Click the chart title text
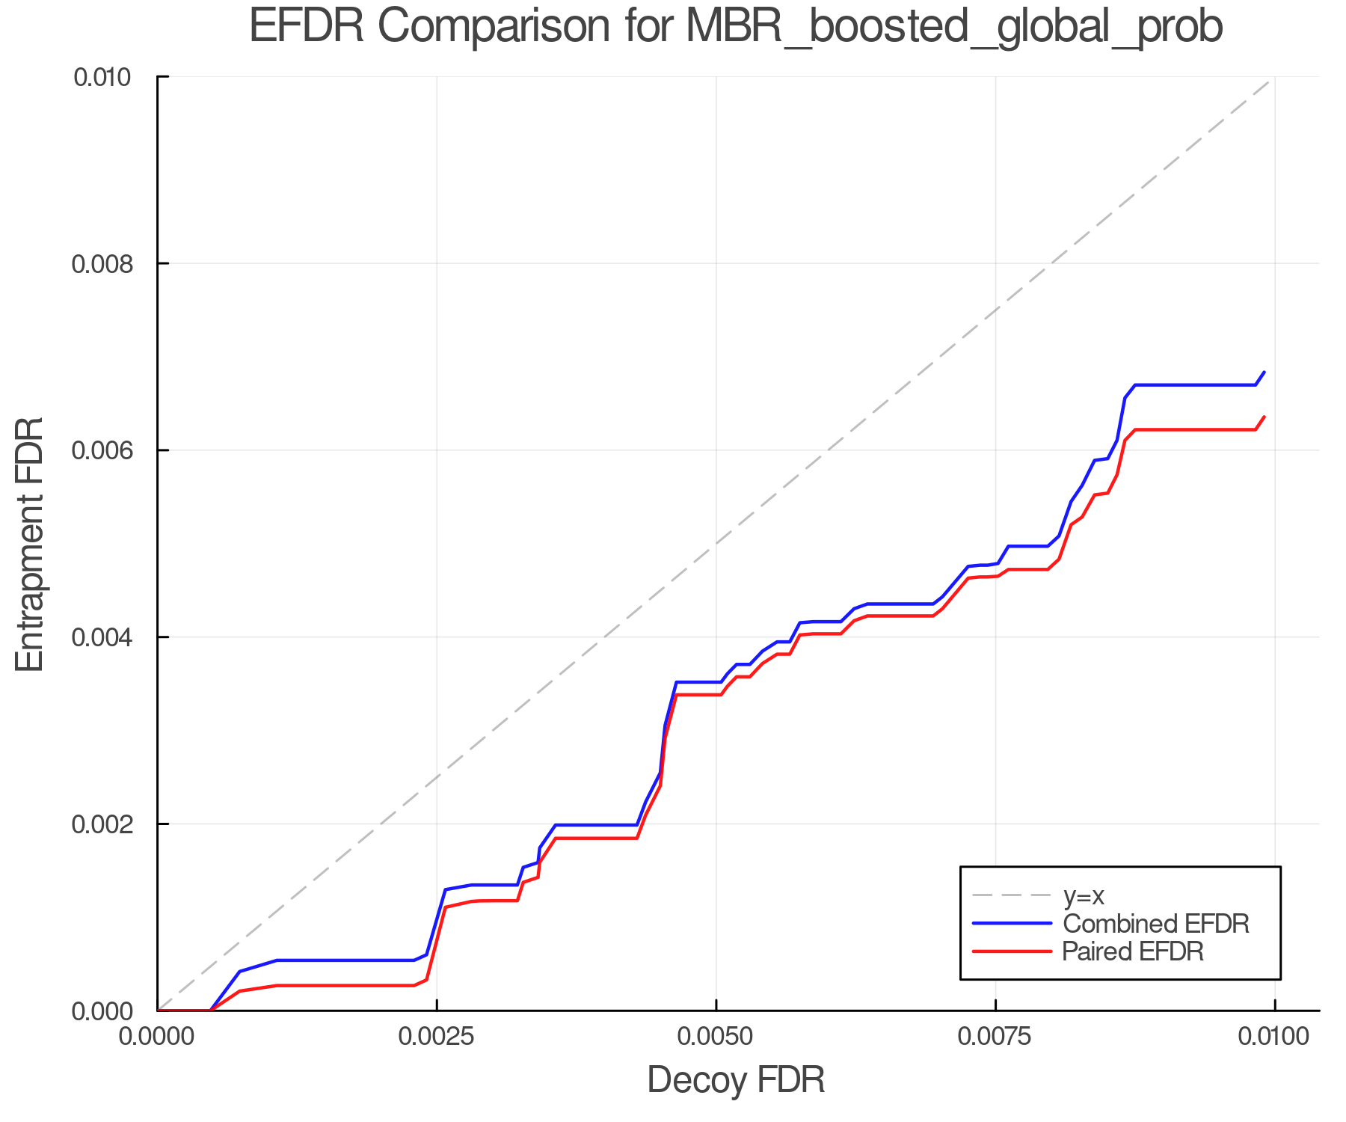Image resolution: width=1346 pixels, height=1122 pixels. point(736,27)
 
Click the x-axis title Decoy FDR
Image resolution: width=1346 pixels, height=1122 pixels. point(736,1080)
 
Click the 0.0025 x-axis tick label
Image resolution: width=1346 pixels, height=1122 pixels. point(437,1037)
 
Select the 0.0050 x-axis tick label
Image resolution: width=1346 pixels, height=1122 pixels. point(716,1037)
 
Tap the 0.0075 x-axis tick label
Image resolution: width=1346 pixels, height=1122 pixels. point(995,1037)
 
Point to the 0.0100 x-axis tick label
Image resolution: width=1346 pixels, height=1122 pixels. point(1274,1037)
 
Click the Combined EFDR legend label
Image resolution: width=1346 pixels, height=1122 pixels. point(1155,924)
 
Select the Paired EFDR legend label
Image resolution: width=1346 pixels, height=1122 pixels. point(1133,951)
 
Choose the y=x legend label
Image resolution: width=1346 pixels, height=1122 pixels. point(1084,896)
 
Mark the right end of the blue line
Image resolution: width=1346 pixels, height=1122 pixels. point(1264,372)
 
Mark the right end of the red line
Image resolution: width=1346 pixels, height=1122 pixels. point(1264,417)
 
